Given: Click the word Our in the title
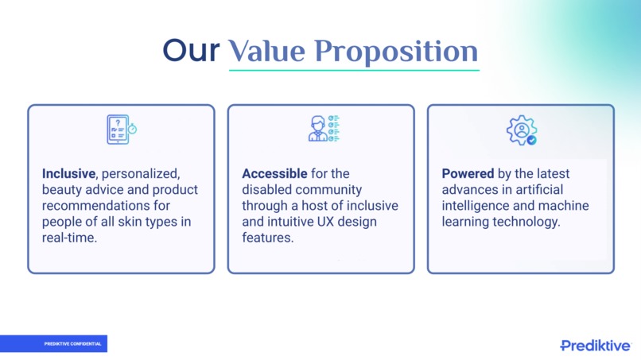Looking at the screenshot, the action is tap(191, 51).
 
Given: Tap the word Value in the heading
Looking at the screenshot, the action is tap(266, 51).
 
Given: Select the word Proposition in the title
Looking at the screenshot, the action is tap(396, 52).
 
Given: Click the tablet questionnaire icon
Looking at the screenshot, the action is tap(122, 130).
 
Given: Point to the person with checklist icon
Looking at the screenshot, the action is tap(324, 128).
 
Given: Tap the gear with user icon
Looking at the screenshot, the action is tap(522, 130).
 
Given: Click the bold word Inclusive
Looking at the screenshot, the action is tap(68, 174).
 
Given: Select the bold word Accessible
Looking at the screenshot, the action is tap(274, 174).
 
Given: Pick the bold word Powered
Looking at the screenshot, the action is tap(468, 174).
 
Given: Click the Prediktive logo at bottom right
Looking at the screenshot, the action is tap(595, 345).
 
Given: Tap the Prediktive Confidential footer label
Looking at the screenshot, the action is tap(72, 343).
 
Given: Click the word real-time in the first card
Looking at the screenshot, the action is tap(69, 238).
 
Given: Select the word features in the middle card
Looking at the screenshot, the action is tap(268, 238).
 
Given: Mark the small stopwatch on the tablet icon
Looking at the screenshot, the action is tap(132, 129).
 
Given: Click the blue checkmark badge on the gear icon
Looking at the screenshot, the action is tap(531, 140).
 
